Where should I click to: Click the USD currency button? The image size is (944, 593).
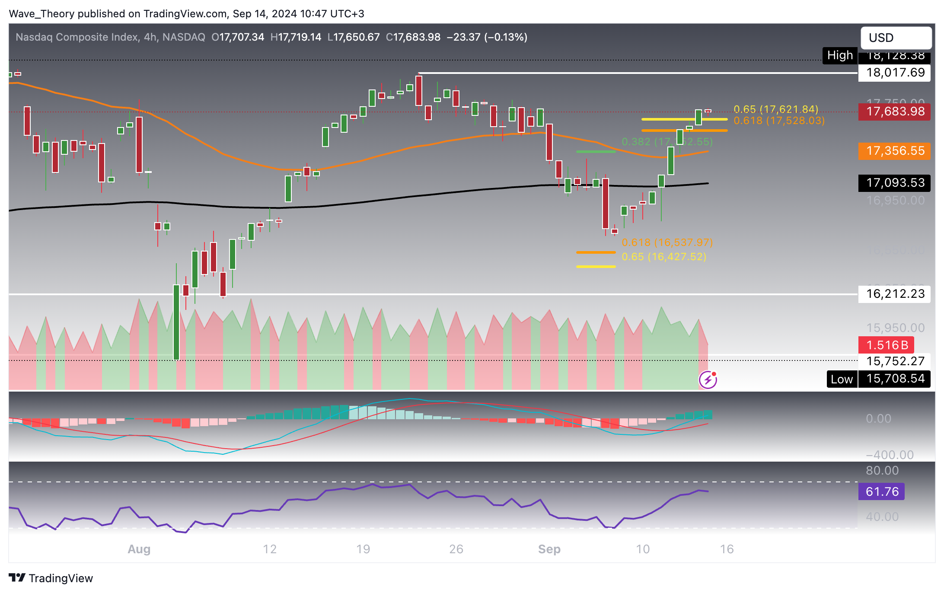click(x=896, y=38)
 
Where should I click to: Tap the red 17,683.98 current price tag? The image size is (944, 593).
click(x=894, y=112)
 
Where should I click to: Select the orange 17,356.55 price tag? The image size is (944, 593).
click(x=894, y=151)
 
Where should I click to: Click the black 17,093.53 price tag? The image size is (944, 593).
click(x=894, y=183)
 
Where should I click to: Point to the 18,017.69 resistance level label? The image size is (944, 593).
click(x=894, y=73)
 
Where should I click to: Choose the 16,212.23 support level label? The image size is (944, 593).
click(x=894, y=294)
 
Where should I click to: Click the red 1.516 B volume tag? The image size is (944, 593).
click(x=886, y=345)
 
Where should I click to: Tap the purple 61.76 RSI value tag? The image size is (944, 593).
click(x=881, y=491)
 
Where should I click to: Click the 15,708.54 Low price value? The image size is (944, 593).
click(x=894, y=379)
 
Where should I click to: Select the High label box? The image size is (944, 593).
click(x=840, y=55)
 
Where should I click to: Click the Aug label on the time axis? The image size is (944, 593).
click(x=139, y=549)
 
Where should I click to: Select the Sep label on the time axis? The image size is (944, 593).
click(x=549, y=549)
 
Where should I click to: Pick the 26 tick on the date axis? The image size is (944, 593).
click(x=456, y=549)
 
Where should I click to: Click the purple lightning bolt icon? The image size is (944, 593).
click(x=708, y=380)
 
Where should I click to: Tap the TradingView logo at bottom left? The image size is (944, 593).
click(x=51, y=578)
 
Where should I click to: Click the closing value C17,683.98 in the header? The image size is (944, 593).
click(x=413, y=37)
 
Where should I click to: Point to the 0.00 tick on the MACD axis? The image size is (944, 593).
click(x=878, y=418)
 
